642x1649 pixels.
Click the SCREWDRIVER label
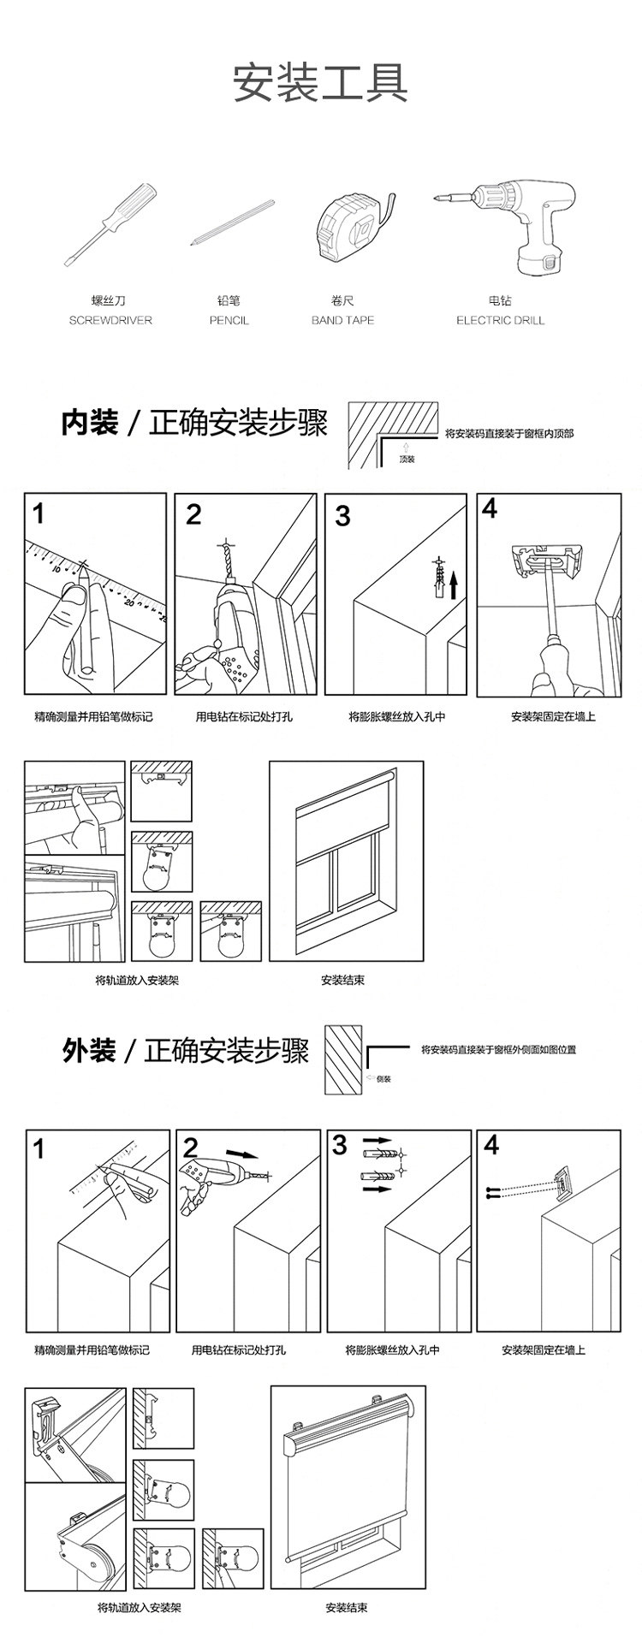[110, 320]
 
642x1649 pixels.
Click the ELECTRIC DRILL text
[500, 320]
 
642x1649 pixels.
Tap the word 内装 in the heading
[89, 423]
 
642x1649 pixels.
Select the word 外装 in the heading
[89, 1050]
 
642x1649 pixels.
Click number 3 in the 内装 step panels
[342, 517]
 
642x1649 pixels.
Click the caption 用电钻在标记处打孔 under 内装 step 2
[244, 716]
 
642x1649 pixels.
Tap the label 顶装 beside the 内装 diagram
[407, 460]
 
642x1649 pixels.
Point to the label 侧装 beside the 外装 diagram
[383, 1079]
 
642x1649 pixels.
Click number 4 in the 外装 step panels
[490, 1144]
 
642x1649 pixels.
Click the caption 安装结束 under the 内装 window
[342, 980]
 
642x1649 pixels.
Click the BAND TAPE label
[342, 320]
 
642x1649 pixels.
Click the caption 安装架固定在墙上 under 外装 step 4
[544, 1350]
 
